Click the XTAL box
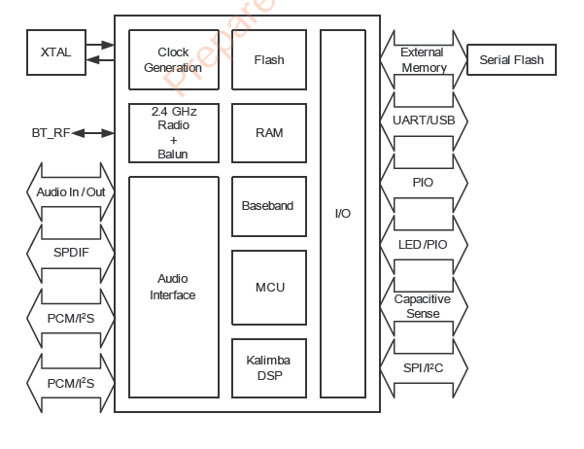click(56, 52)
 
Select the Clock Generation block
click(173, 60)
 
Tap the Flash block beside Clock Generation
click(269, 60)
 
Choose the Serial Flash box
click(512, 60)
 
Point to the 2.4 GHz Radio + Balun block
click(173, 133)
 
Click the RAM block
click(269, 133)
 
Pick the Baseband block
click(269, 206)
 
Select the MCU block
click(269, 288)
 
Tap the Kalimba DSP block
click(269, 368)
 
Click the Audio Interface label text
click(173, 288)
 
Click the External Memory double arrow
click(423, 60)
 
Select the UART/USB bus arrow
click(423, 121)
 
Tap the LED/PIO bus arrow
click(423, 244)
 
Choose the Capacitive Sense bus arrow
click(423, 306)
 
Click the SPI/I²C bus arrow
click(423, 368)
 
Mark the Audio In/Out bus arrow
click(70, 191)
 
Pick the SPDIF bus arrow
click(70, 253)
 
